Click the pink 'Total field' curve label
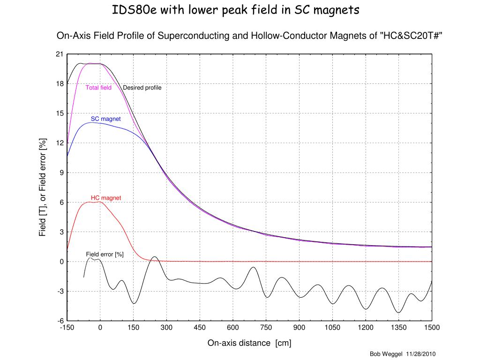point(98,88)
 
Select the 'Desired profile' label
point(142,88)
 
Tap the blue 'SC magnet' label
point(105,119)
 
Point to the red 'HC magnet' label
point(105,198)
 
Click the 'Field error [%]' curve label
point(105,254)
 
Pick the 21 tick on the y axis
point(59,54)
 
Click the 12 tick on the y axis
point(59,143)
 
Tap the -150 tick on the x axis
point(67,328)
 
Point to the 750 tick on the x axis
point(266,328)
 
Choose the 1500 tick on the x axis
point(432,328)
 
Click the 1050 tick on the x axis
point(332,328)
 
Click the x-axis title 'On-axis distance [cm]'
point(249,344)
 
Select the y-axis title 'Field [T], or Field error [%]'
point(43,187)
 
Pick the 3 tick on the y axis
point(61,232)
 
